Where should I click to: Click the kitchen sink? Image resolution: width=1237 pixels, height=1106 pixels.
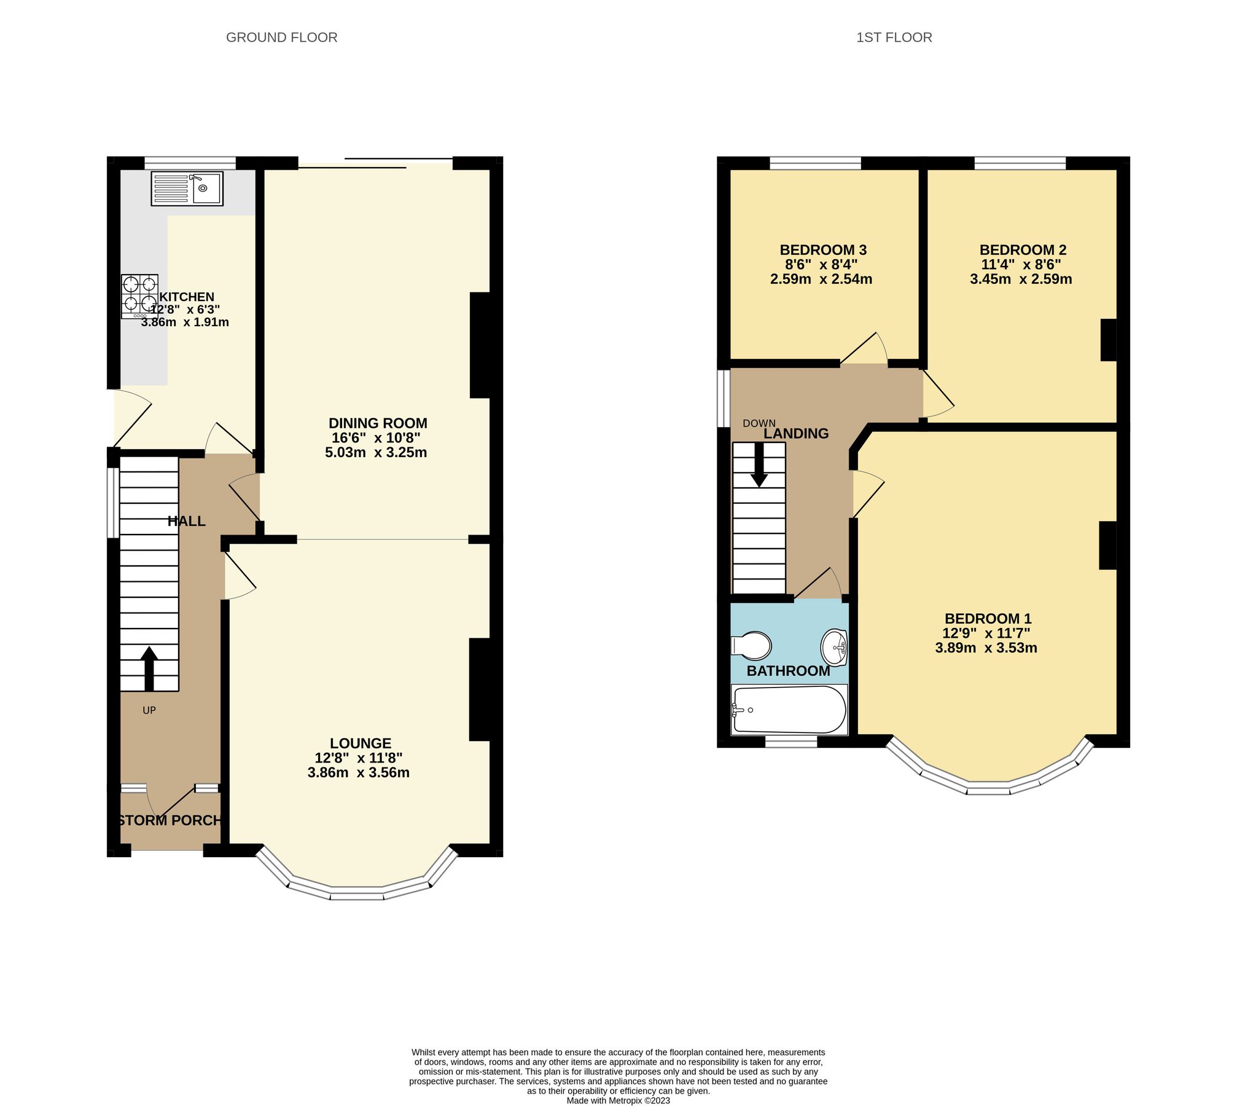pos(187,189)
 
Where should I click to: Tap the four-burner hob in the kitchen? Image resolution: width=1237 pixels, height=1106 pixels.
pos(139,296)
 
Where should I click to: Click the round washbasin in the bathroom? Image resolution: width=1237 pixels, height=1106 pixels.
pos(834,647)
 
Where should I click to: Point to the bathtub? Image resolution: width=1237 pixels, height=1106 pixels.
pos(789,710)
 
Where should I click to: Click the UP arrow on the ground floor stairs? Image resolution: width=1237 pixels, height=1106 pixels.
pos(149,668)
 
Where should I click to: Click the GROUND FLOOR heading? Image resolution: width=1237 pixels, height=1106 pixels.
pos(282,37)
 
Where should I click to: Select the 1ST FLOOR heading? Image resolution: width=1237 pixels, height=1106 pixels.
pos(894,37)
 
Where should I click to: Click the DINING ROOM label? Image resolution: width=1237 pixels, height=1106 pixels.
pos(378,423)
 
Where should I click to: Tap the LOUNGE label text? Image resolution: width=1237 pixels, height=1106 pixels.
pos(361,743)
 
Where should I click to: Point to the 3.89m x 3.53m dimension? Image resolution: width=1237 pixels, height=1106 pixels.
pos(986,648)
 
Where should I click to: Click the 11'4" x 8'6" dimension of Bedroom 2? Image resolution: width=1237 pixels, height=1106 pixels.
pos(1021,265)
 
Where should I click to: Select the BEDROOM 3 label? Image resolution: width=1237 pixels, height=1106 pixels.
pos(823,250)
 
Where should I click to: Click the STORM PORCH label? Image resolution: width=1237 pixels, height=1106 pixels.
pos(170,820)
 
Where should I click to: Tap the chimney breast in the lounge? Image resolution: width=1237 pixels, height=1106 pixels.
pos(480,689)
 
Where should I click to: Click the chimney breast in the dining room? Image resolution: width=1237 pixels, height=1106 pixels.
pos(480,345)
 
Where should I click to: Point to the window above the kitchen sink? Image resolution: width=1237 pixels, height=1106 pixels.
pos(190,163)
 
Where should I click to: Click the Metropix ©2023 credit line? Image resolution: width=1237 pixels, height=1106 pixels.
pos(618,1100)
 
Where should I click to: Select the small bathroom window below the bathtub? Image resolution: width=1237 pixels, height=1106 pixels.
pos(791,743)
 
